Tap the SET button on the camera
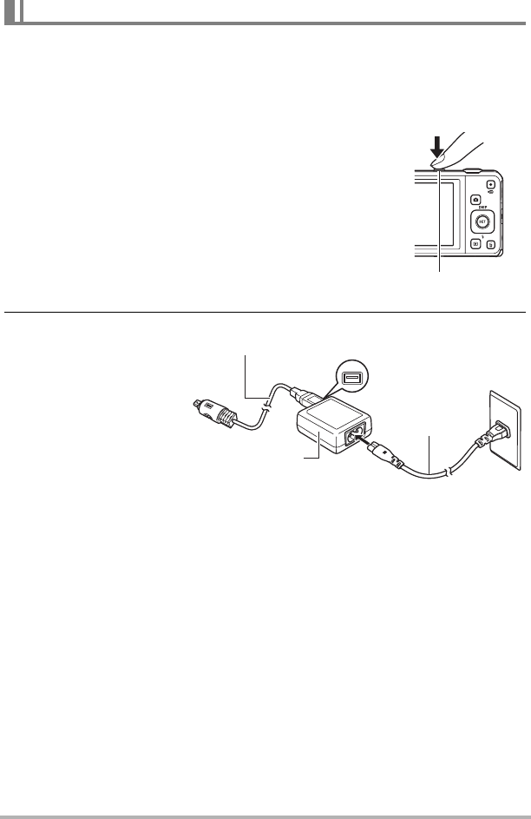(x=482, y=221)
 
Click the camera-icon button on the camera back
(x=476, y=200)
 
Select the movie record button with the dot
(x=490, y=185)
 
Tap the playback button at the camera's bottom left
(x=475, y=245)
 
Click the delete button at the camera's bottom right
(x=491, y=246)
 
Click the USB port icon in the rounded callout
(x=351, y=378)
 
